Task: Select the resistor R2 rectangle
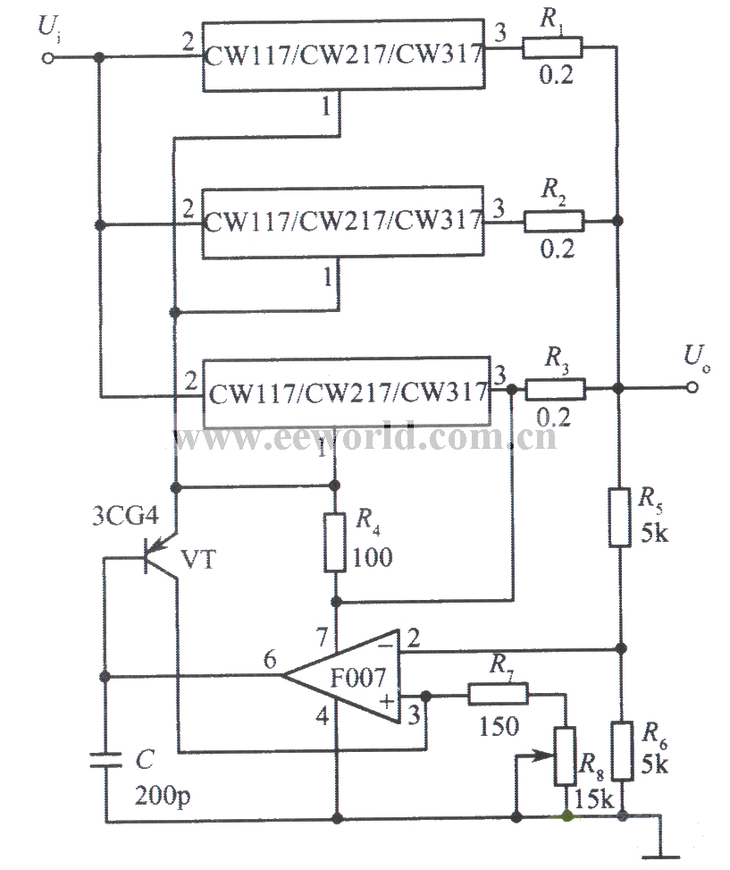coord(553,220)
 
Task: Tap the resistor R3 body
coord(555,389)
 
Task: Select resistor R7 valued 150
coord(497,694)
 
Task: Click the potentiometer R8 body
coord(566,756)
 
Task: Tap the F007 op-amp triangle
coord(343,677)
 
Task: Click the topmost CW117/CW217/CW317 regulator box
coord(344,54)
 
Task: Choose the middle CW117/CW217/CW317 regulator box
coord(344,222)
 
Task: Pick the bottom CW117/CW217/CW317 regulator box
coord(348,393)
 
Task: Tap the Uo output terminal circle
coord(692,388)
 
